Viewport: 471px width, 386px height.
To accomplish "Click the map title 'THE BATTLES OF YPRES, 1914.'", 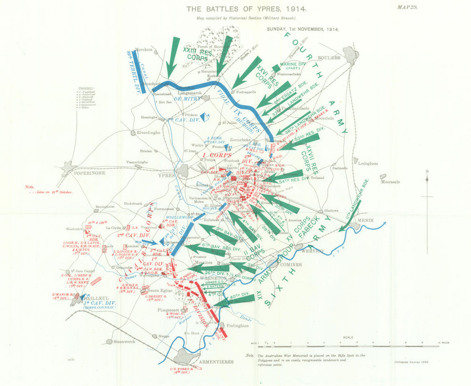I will (x=247, y=9).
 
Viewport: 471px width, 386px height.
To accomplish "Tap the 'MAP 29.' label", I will (x=408, y=7).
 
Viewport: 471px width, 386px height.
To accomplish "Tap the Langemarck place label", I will (x=189, y=93).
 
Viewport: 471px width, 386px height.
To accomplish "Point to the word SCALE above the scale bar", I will (x=348, y=337).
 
